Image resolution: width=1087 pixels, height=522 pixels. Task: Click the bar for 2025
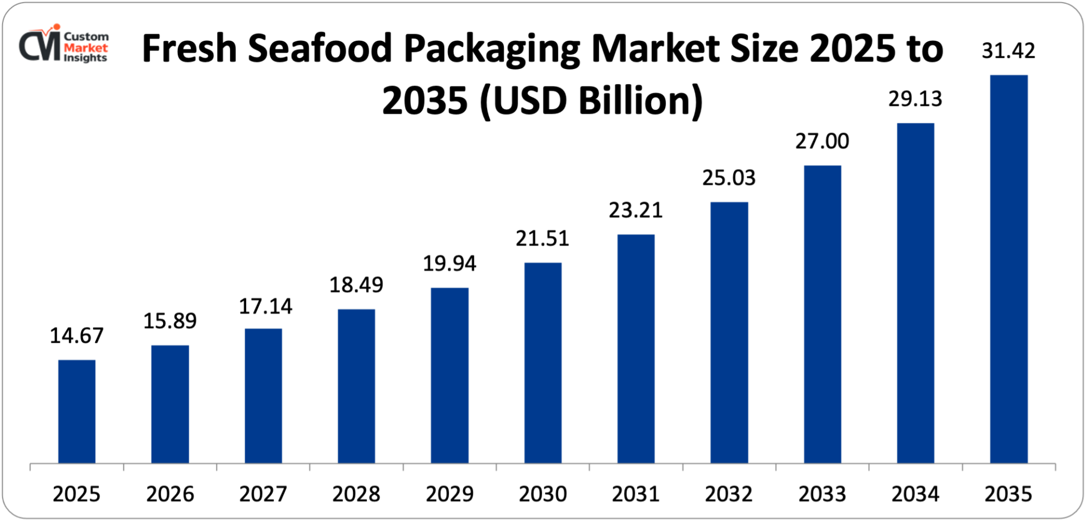click(x=77, y=411)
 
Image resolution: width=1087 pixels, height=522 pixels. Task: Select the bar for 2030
click(x=543, y=363)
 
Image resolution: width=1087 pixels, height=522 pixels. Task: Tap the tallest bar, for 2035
click(x=1009, y=269)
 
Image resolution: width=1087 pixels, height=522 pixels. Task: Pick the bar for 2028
click(x=357, y=386)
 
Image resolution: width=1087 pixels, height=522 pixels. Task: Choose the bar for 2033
click(x=822, y=314)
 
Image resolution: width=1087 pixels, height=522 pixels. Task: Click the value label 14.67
click(x=77, y=336)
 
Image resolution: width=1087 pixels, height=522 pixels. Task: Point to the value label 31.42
click(x=1009, y=51)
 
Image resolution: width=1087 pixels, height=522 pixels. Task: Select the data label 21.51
click(x=542, y=238)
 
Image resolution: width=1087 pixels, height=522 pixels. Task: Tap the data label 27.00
click(x=822, y=141)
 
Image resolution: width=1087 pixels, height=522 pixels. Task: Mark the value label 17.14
click(x=266, y=307)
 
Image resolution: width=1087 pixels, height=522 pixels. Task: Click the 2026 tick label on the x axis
click(x=170, y=494)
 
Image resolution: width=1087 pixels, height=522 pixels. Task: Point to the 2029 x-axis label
click(x=449, y=494)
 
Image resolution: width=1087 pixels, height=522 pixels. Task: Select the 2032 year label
click(x=729, y=494)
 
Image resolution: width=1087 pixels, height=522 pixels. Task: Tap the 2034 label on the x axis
click(x=915, y=494)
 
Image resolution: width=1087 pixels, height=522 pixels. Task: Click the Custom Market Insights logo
click(x=64, y=45)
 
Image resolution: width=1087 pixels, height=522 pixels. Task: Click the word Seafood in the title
click(x=320, y=49)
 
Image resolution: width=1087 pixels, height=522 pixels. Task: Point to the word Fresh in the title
click(x=190, y=49)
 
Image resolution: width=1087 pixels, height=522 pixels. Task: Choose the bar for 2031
click(x=636, y=349)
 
